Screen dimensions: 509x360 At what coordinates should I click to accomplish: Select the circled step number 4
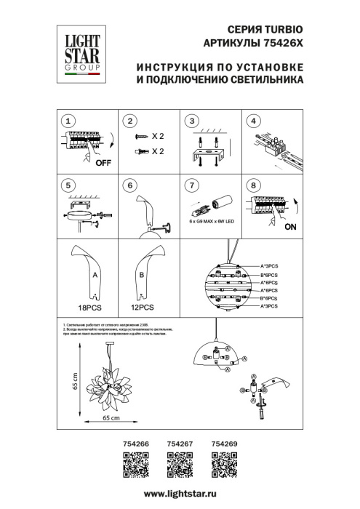(x=253, y=121)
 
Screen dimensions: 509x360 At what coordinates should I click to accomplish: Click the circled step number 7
(x=191, y=185)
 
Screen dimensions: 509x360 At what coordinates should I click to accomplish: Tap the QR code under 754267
(x=177, y=462)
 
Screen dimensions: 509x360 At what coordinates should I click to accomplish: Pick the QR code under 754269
(x=224, y=462)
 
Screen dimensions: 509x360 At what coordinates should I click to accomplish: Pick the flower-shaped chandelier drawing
(x=109, y=385)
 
